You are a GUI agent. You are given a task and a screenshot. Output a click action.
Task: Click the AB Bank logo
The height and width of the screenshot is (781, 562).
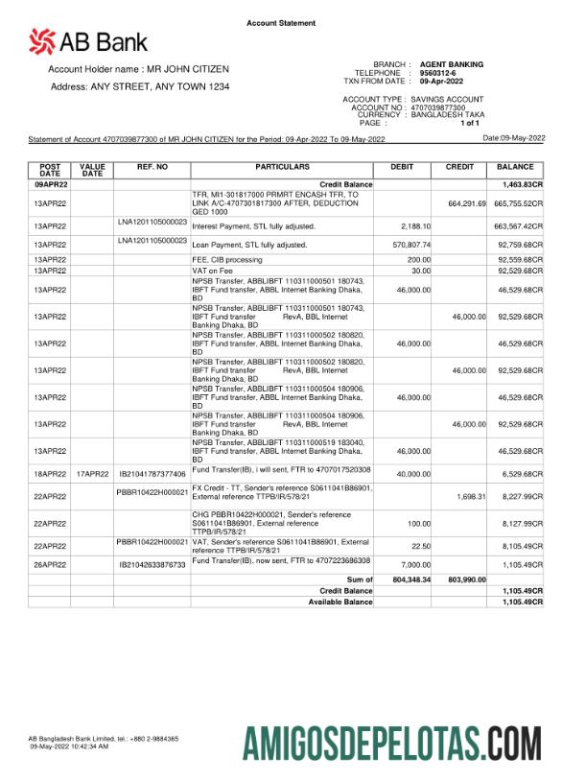(88, 41)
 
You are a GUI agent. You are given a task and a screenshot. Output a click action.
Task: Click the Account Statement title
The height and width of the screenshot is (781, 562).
(281, 23)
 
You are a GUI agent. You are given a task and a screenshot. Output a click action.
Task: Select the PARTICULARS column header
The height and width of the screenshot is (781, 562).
(281, 167)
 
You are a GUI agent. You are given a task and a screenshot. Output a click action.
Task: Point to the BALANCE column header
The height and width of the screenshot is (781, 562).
(515, 167)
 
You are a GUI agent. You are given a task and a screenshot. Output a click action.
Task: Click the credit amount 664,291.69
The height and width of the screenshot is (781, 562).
(467, 204)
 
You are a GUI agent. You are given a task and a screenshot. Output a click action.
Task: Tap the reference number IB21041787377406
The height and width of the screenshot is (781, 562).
(152, 474)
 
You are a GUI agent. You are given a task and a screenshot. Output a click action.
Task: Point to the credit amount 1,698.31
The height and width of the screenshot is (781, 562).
(470, 496)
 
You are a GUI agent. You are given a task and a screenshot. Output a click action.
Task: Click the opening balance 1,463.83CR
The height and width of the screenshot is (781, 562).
(522, 183)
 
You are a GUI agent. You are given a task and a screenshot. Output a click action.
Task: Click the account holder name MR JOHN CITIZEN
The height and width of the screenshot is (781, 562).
(187, 70)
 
